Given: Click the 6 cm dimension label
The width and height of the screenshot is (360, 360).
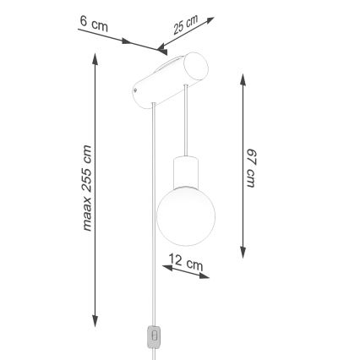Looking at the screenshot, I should click(x=99, y=25).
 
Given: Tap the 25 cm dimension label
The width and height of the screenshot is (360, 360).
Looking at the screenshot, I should click(x=185, y=25).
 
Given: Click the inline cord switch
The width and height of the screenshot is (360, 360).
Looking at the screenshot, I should click(x=154, y=336).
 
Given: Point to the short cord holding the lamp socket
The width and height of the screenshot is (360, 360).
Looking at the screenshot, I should click(x=184, y=127).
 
